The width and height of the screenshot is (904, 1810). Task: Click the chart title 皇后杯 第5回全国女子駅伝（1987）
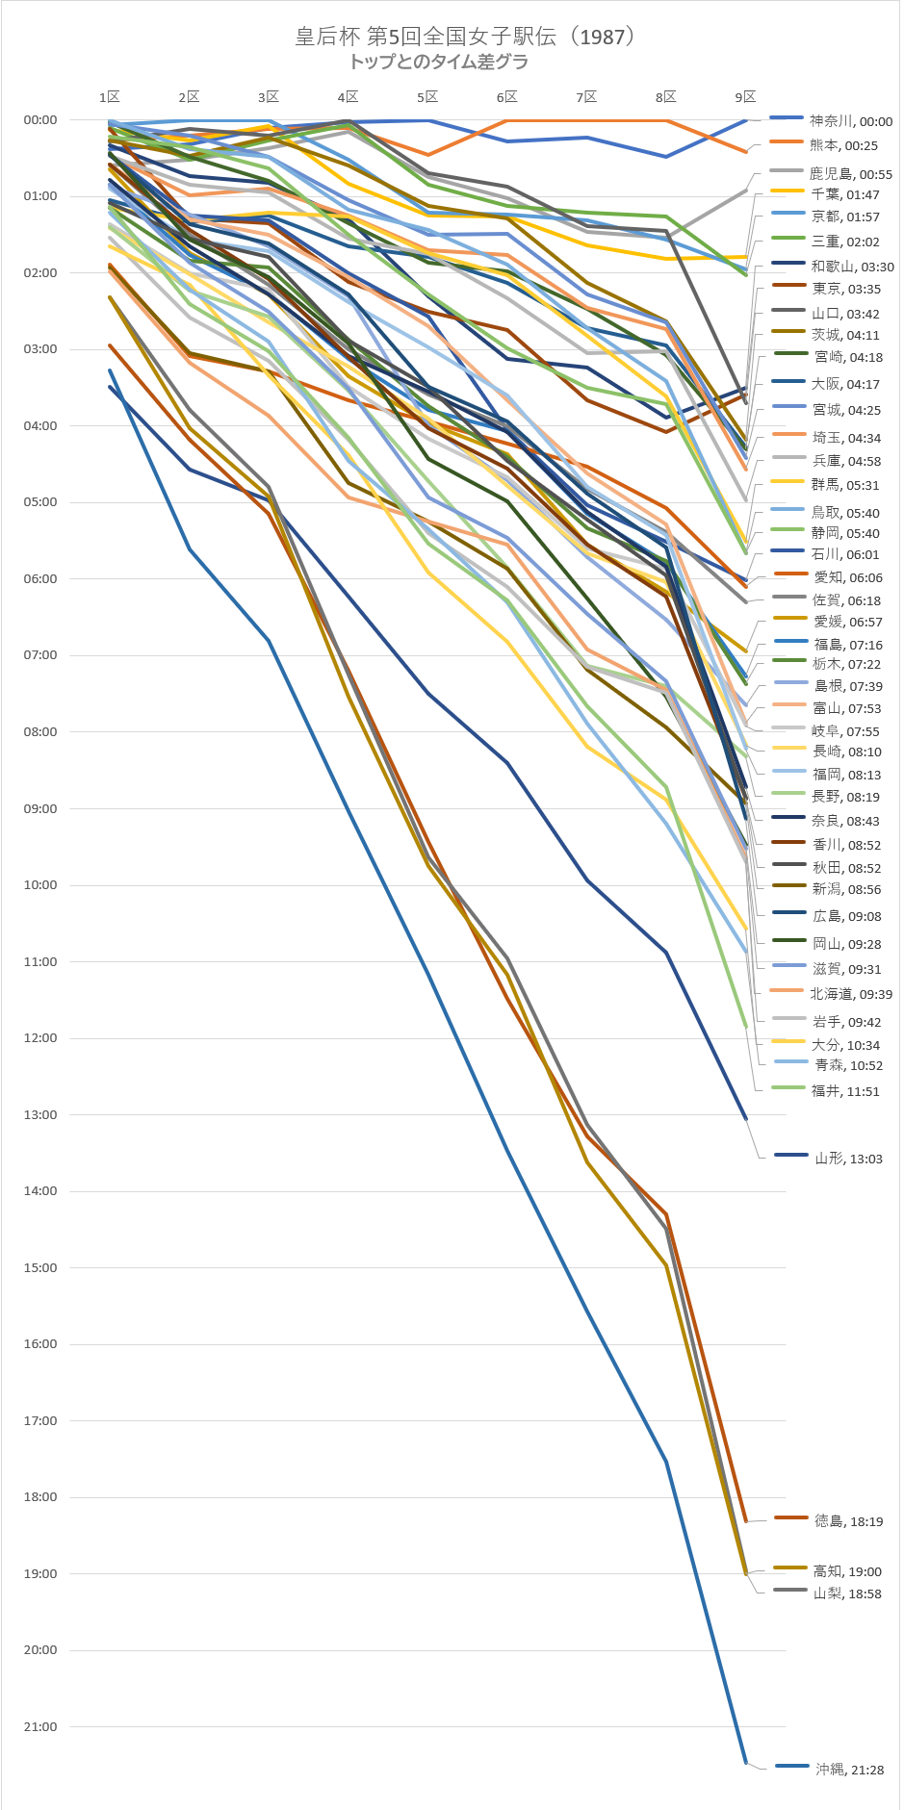click(x=466, y=37)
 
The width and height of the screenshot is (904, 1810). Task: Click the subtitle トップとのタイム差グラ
click(x=438, y=62)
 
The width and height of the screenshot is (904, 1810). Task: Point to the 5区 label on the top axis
click(x=427, y=97)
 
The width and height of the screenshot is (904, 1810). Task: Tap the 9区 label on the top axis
click(x=745, y=97)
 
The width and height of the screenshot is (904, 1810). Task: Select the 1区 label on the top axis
click(x=110, y=97)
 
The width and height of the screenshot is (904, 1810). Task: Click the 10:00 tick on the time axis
click(x=40, y=885)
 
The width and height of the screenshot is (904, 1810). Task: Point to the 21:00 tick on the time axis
click(x=40, y=1727)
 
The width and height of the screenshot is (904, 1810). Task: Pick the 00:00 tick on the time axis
click(x=40, y=120)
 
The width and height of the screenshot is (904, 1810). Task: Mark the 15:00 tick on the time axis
click(x=40, y=1268)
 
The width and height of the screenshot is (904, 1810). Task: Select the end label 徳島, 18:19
click(x=848, y=1521)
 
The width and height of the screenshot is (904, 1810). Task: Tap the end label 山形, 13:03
click(x=848, y=1159)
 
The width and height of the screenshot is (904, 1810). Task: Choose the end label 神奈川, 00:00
click(x=851, y=121)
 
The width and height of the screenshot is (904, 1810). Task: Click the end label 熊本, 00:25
click(x=843, y=145)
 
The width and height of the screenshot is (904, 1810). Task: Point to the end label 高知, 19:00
click(x=847, y=1571)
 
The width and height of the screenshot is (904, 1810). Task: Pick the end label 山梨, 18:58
click(x=847, y=1593)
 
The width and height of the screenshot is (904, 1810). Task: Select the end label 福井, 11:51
click(x=845, y=1091)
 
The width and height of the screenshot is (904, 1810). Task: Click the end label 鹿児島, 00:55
click(x=851, y=174)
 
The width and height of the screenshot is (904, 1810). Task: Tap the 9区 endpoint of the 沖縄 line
click(x=745, y=1763)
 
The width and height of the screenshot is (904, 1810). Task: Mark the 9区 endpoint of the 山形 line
click(x=745, y=1119)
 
